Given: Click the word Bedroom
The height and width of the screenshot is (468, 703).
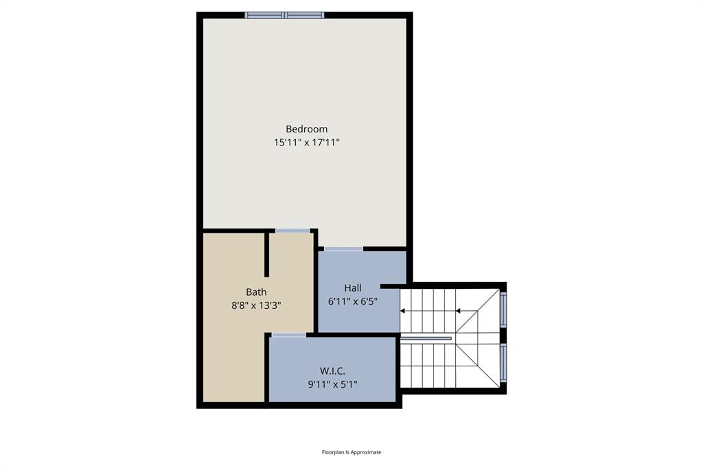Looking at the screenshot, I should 306,129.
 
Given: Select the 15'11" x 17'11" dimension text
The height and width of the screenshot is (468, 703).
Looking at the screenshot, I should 306,143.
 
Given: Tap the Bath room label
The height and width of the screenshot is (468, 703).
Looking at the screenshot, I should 256,292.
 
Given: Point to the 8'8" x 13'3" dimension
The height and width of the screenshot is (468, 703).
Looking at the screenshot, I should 256,306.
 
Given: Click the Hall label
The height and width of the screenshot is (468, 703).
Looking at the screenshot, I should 353,288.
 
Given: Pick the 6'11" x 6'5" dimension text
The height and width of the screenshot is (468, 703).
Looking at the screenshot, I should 353,301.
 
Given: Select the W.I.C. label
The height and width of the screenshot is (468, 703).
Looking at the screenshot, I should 332,371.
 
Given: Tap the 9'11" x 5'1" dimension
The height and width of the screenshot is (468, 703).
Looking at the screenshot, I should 332,385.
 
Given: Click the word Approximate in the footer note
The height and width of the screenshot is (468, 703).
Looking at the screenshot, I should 366,452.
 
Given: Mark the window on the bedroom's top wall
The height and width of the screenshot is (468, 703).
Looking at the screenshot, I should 285,15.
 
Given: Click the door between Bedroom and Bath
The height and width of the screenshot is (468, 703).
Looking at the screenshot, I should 292,231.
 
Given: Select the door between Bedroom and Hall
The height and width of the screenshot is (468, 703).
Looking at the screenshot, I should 343,248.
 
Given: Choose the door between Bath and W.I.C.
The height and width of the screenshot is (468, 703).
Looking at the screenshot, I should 288,335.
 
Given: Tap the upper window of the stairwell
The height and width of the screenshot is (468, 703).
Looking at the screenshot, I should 503,308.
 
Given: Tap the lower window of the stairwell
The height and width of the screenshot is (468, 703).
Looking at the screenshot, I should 503,362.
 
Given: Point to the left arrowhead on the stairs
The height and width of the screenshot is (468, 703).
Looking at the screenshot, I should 403,311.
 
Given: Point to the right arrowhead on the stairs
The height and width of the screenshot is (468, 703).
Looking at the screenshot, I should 459,311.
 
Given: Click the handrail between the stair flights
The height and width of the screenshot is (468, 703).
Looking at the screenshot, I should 426,338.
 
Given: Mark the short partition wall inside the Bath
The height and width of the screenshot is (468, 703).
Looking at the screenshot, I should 266,254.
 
